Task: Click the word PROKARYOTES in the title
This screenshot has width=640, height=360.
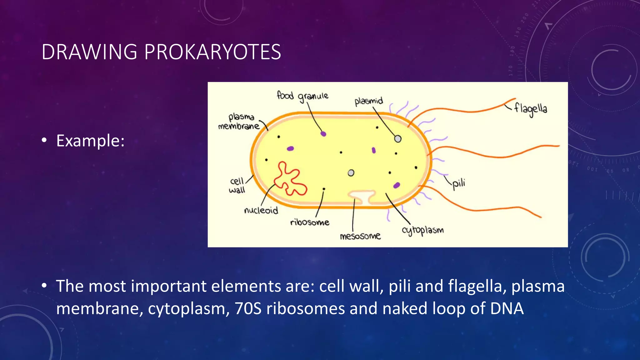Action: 212,52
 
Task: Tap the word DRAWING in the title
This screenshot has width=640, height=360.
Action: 89,52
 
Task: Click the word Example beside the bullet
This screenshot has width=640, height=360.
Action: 90,141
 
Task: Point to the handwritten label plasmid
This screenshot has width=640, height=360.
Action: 368,101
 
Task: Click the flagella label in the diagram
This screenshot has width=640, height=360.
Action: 530,109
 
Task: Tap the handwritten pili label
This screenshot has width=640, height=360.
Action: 458,183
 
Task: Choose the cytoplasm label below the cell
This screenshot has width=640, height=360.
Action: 422,230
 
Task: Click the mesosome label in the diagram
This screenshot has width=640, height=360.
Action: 360,236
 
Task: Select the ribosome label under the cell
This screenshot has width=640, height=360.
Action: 309,222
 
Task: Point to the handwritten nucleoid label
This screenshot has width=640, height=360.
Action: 261,210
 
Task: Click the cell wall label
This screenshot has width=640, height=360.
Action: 237,185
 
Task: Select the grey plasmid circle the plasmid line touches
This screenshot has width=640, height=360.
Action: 397,139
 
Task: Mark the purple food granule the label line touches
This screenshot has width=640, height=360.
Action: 323,134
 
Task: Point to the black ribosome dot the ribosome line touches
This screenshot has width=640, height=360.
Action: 324,189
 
